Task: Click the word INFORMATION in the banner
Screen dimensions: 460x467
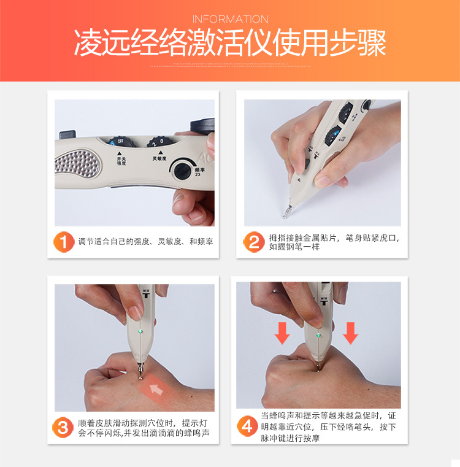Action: point(230,20)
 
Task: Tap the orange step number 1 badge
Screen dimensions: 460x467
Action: point(63,242)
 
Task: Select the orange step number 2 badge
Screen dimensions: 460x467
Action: point(254,242)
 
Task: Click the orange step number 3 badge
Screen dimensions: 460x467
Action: point(63,427)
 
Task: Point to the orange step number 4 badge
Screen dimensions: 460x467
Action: point(247,426)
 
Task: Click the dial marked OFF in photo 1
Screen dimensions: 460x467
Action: point(120,142)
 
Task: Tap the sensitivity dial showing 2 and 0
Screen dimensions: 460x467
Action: point(159,142)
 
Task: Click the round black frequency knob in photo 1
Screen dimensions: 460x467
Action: point(182,171)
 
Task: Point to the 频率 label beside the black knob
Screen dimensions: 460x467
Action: point(199,170)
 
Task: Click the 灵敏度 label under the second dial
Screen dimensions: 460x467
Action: point(159,158)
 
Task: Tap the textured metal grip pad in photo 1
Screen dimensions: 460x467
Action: point(77,163)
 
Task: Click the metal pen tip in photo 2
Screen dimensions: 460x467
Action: point(287,211)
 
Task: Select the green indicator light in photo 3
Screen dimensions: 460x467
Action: point(140,331)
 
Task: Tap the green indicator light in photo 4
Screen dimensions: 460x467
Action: point(318,335)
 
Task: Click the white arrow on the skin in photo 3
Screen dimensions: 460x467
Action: point(156,388)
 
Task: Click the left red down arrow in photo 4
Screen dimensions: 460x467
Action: point(282,333)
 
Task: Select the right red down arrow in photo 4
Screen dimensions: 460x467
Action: point(350,333)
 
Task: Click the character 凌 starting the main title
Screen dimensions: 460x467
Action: point(88,42)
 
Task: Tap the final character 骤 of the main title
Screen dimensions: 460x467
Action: point(372,42)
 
